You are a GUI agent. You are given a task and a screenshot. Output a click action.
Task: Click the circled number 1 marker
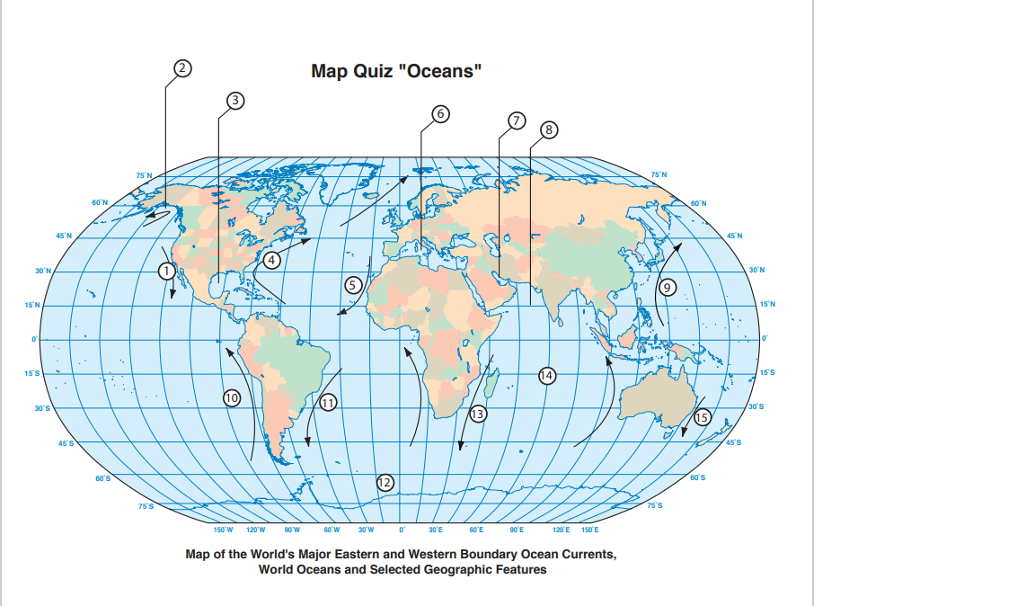pyautogui.click(x=166, y=269)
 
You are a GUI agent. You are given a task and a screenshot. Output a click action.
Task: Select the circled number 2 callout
pyautogui.click(x=182, y=67)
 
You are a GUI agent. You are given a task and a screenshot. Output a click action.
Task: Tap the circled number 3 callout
pyautogui.click(x=235, y=100)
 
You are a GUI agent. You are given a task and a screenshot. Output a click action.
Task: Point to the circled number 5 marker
pyautogui.click(x=353, y=285)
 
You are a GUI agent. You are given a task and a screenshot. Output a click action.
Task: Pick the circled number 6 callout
pyautogui.click(x=439, y=113)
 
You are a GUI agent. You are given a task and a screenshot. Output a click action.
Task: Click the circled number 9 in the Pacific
pyautogui.click(x=666, y=288)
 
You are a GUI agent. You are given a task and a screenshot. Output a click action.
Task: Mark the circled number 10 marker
pyautogui.click(x=231, y=397)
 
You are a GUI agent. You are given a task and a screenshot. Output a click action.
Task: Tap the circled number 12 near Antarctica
pyautogui.click(x=385, y=482)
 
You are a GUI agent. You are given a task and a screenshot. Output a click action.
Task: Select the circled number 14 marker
pyautogui.click(x=546, y=374)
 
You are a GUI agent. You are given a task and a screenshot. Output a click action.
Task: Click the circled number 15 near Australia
pyautogui.click(x=702, y=415)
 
